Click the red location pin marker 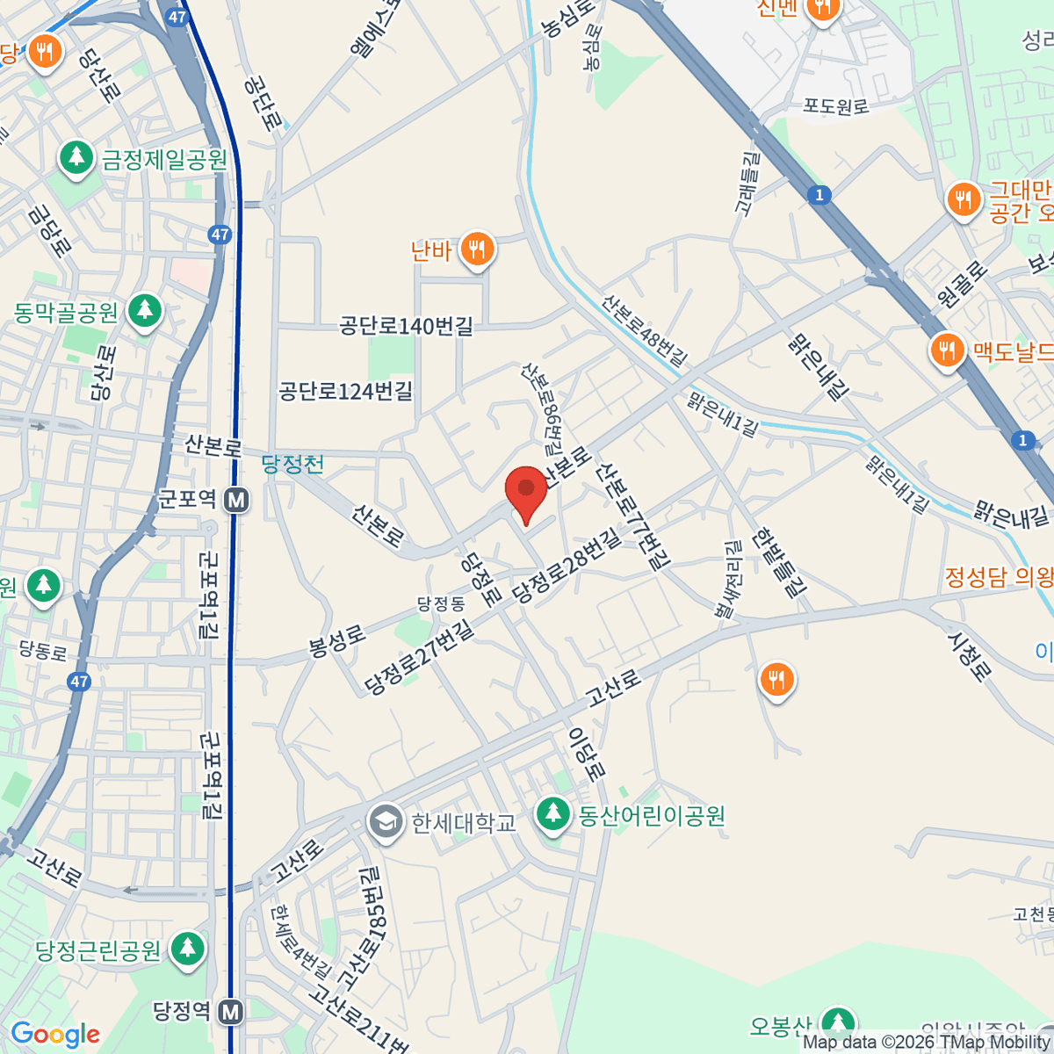(x=526, y=490)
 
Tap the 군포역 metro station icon (x=235, y=500)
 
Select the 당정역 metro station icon (x=230, y=1012)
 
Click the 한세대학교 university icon (x=384, y=822)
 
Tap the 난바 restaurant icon (x=477, y=250)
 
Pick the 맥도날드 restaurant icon (x=946, y=351)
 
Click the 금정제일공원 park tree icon (x=76, y=158)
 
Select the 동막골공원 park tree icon (x=145, y=311)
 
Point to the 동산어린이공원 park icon (x=552, y=813)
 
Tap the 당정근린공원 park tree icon (x=186, y=949)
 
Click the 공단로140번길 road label (x=406, y=327)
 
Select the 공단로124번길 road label (x=345, y=391)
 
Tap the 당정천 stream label (x=292, y=464)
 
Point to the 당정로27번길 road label (x=419, y=656)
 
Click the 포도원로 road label (x=835, y=106)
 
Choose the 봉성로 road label (x=336, y=641)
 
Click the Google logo (x=54, y=1035)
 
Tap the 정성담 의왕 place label (x=999, y=577)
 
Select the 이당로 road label (x=586, y=754)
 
